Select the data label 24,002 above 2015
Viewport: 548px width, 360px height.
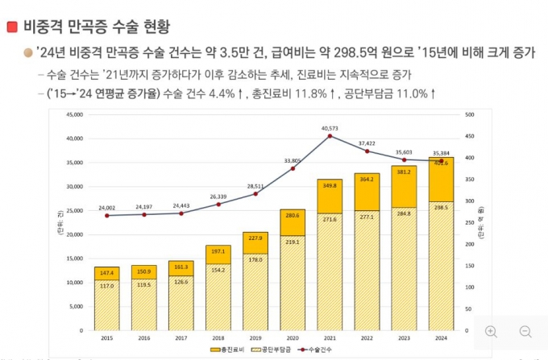pos(107,207)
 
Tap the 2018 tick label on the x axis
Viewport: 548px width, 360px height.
pos(218,339)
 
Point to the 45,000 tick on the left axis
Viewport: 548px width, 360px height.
pos(74,114)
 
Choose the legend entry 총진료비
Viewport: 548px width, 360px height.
pos(227,350)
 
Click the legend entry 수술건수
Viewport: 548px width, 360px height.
pos(309,350)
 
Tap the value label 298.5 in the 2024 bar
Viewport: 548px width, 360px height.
pos(441,207)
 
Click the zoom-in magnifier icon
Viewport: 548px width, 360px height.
pos(490,330)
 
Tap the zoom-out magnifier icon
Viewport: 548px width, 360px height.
pos(525,330)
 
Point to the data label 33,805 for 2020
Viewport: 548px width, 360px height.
pos(293,159)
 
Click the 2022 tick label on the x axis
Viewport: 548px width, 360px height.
pos(367,339)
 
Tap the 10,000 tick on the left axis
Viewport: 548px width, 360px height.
pos(74,283)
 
